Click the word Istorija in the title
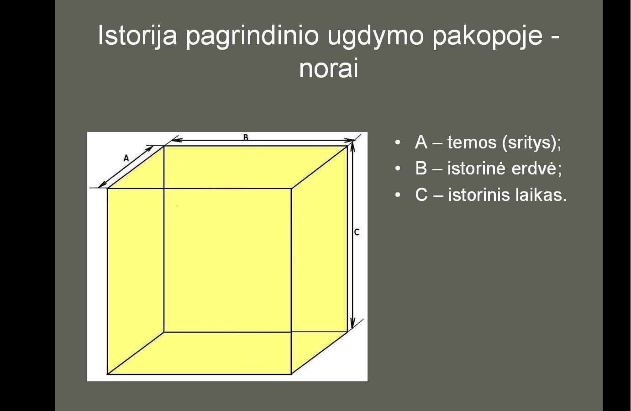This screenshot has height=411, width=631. tap(137, 35)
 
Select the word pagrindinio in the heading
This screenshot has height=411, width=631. tap(252, 36)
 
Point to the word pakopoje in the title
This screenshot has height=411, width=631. tap(488, 37)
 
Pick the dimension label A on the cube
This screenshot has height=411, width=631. tap(126, 158)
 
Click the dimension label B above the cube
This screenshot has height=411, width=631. tap(246, 137)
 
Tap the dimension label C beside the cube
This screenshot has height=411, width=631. tap(357, 232)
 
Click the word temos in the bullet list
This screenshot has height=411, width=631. tap(472, 142)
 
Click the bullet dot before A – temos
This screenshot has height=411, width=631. tap(398, 142)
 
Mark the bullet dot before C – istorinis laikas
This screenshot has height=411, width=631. tap(398, 195)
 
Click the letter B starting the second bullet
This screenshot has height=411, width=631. tap(421, 169)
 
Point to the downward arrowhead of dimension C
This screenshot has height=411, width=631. tap(352, 323)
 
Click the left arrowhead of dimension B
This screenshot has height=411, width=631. tap(176, 140)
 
